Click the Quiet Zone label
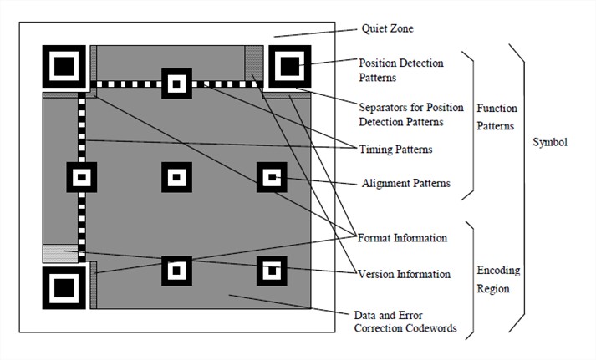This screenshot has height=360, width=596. (387, 28)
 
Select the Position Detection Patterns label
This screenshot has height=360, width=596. (400, 70)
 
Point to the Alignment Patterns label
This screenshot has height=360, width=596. (405, 183)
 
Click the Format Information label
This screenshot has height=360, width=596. (402, 238)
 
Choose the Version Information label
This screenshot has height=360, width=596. (404, 274)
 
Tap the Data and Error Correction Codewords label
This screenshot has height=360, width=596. (405, 322)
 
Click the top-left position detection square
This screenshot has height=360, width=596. (64, 65)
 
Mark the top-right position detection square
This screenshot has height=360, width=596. (289, 65)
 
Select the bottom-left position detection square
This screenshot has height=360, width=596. (64, 288)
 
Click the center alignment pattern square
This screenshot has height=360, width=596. (176, 177)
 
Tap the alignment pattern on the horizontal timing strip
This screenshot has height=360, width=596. (176, 84)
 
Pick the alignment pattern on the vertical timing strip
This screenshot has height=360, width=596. (82, 177)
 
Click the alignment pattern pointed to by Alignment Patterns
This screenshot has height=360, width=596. (271, 177)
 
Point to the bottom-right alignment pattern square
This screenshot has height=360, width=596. (271, 271)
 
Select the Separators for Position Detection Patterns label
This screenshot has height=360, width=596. (400, 114)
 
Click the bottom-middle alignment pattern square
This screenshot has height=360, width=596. (176, 271)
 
